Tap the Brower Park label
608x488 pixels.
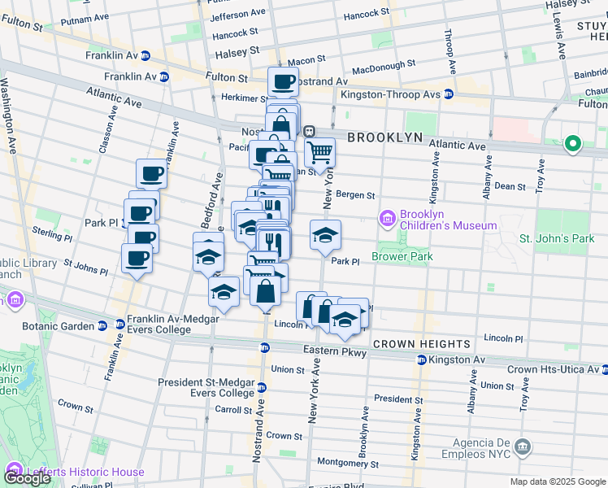402,256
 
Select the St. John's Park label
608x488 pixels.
557,239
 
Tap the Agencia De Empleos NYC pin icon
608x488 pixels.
523,447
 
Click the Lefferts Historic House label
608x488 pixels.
85,472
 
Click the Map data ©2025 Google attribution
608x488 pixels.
558,481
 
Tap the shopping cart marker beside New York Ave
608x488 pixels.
320,152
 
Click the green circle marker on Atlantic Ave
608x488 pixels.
573,145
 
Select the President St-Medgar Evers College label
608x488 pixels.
206,387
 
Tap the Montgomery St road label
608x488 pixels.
349,464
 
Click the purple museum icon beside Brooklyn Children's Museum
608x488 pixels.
387,219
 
